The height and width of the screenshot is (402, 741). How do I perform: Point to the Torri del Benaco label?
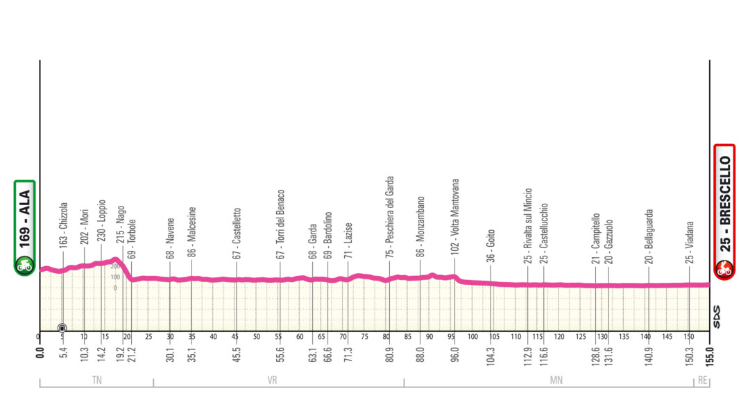point(281,223)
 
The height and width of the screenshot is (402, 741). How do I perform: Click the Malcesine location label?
point(192,232)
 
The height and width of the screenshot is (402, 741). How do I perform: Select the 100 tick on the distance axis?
point(472,337)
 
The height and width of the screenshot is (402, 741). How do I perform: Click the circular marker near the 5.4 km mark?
point(62,328)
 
